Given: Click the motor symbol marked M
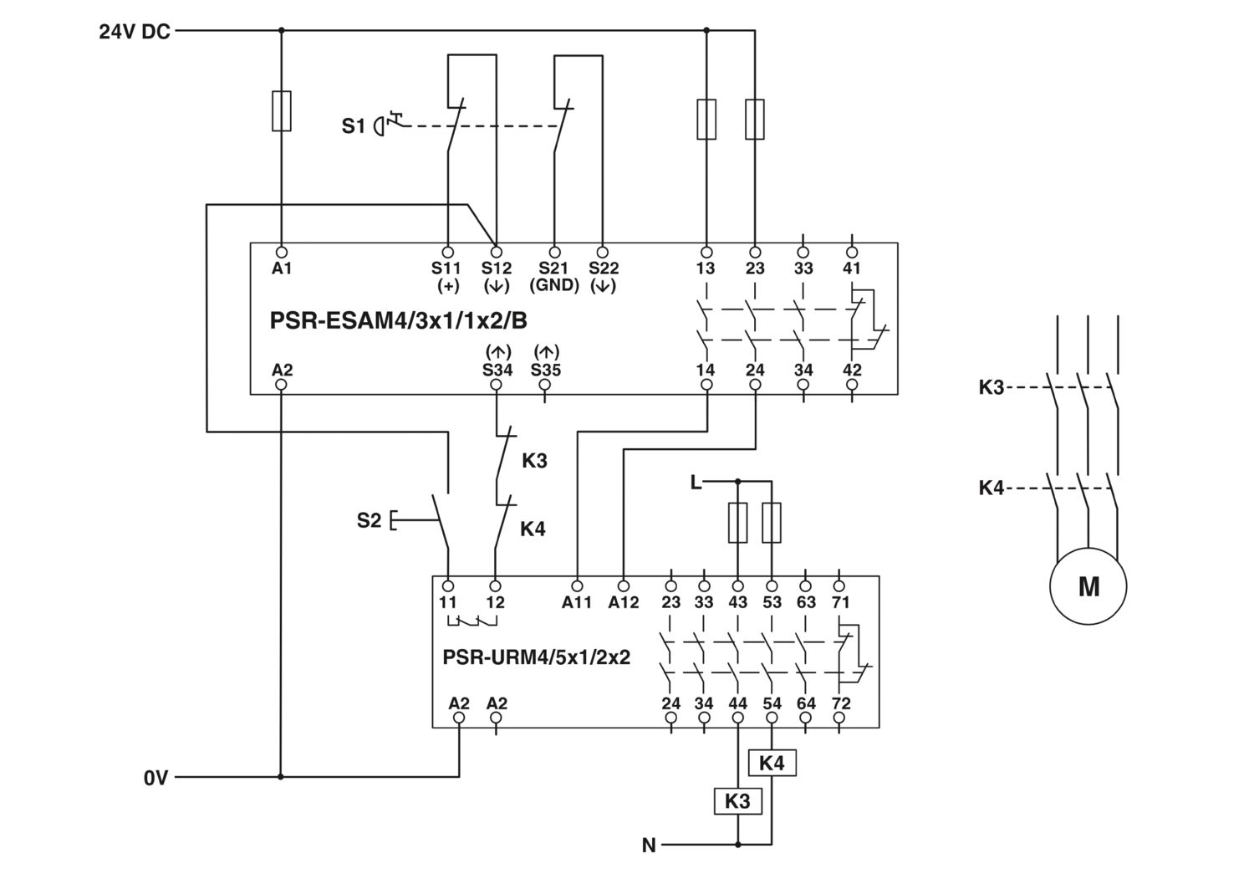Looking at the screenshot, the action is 1088,586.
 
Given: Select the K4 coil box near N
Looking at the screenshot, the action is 772,763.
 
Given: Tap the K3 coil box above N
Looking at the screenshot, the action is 737,800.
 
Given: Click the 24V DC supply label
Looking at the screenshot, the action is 135,32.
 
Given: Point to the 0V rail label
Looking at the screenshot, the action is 155,778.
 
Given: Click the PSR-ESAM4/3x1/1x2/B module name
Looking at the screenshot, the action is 398,321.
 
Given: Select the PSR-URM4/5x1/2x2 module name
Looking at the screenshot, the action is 537,657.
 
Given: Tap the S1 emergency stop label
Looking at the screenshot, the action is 354,126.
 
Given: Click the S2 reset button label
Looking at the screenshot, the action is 369,520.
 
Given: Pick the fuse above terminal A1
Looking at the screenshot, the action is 281,110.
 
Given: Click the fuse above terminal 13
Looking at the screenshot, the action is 706,120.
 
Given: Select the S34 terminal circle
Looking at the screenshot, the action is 496,385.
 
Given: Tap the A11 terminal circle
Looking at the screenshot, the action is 577,586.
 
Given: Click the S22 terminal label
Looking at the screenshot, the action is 604,268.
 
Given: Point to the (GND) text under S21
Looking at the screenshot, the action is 554,285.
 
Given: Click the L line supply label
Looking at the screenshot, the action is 696,482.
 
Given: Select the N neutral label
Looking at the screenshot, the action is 649,846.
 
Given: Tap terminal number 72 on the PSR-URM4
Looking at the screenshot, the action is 841,703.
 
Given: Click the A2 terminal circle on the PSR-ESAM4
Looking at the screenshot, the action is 281,385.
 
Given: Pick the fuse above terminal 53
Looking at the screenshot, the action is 772,523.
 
